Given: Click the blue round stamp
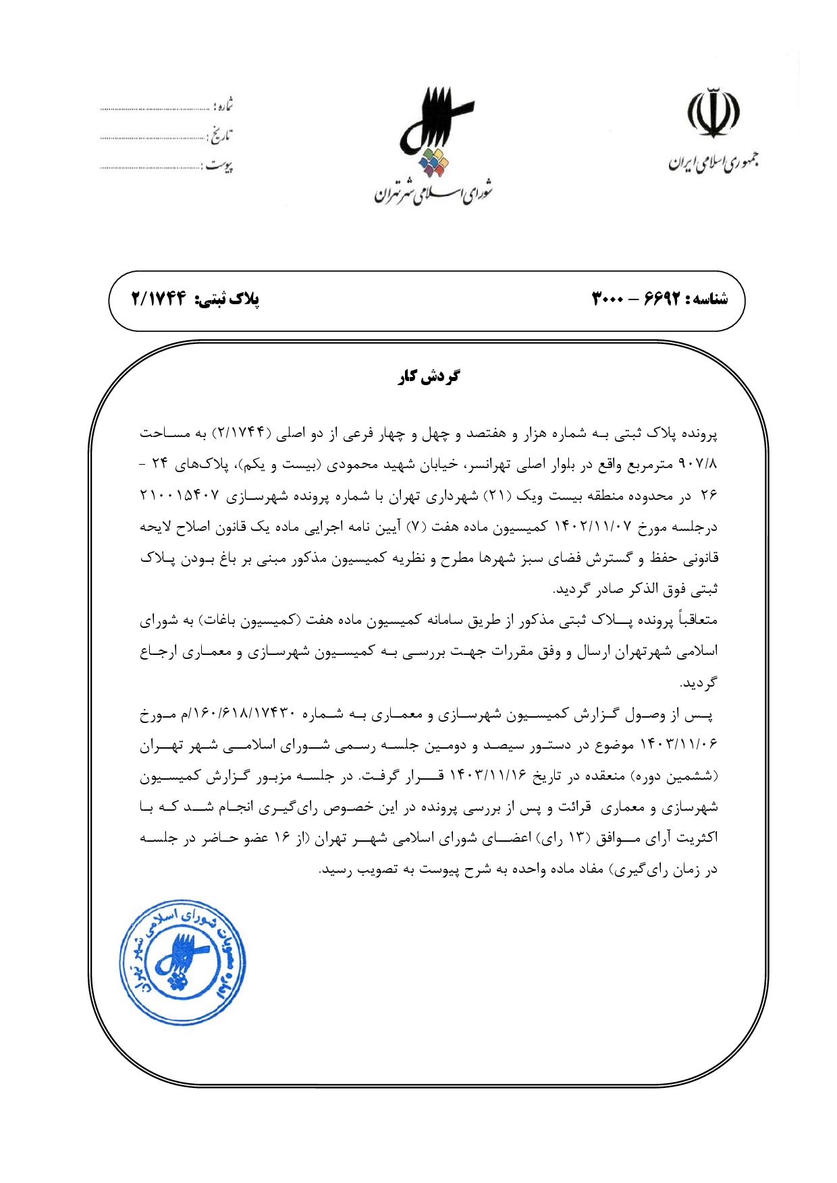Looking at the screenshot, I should click(x=182, y=962).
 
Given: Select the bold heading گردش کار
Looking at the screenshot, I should click(x=429, y=376).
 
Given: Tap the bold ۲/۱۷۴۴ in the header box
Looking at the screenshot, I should click(x=159, y=299).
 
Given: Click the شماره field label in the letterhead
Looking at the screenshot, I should click(x=223, y=105).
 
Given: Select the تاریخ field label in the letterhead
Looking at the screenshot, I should click(x=220, y=136).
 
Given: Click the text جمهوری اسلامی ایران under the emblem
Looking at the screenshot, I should click(x=713, y=162).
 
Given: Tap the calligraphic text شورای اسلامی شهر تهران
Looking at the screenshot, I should click(x=434, y=192).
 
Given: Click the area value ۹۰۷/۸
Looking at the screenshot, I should click(x=698, y=465).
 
